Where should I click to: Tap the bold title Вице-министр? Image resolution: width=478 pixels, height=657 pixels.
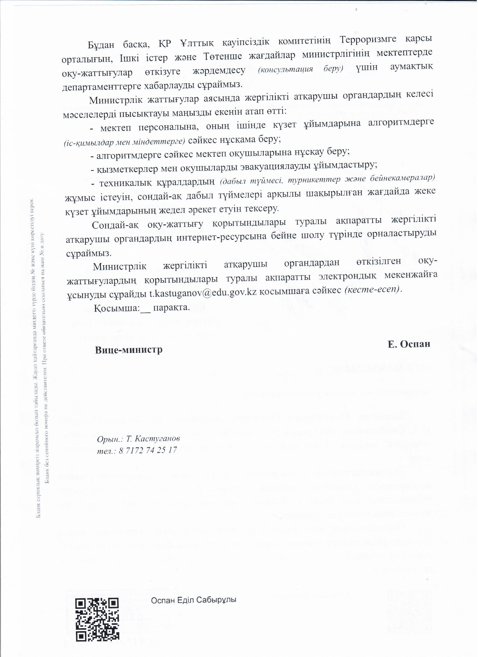coord(129,350)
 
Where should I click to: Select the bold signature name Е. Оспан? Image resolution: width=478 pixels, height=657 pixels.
coord(410,344)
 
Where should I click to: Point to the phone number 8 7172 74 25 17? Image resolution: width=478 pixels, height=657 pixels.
coord(148,451)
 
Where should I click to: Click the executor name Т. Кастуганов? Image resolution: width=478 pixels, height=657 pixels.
coord(153,439)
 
